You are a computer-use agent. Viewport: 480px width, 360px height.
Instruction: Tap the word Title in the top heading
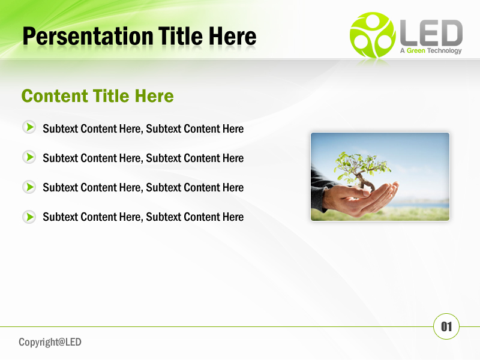[x=181, y=37]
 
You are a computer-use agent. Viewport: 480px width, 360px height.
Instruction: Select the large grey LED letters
[x=431, y=34]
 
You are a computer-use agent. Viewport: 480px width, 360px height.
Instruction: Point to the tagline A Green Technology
[x=430, y=51]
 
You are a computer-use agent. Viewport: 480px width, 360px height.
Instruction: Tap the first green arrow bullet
[x=29, y=127]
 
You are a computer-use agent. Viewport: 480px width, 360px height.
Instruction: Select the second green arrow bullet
[x=29, y=157]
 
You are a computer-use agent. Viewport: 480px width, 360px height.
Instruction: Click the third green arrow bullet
[x=29, y=187]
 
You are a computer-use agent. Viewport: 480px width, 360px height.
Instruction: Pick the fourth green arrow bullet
[x=29, y=216]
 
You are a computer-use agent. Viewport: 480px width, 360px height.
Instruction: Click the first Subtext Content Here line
[x=143, y=128]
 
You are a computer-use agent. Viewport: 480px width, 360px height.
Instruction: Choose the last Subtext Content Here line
[x=143, y=217]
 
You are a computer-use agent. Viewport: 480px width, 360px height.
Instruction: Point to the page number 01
[x=446, y=326]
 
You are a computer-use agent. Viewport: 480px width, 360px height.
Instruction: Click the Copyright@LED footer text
[x=50, y=342]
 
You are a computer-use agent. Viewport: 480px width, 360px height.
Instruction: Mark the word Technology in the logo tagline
[x=445, y=51]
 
